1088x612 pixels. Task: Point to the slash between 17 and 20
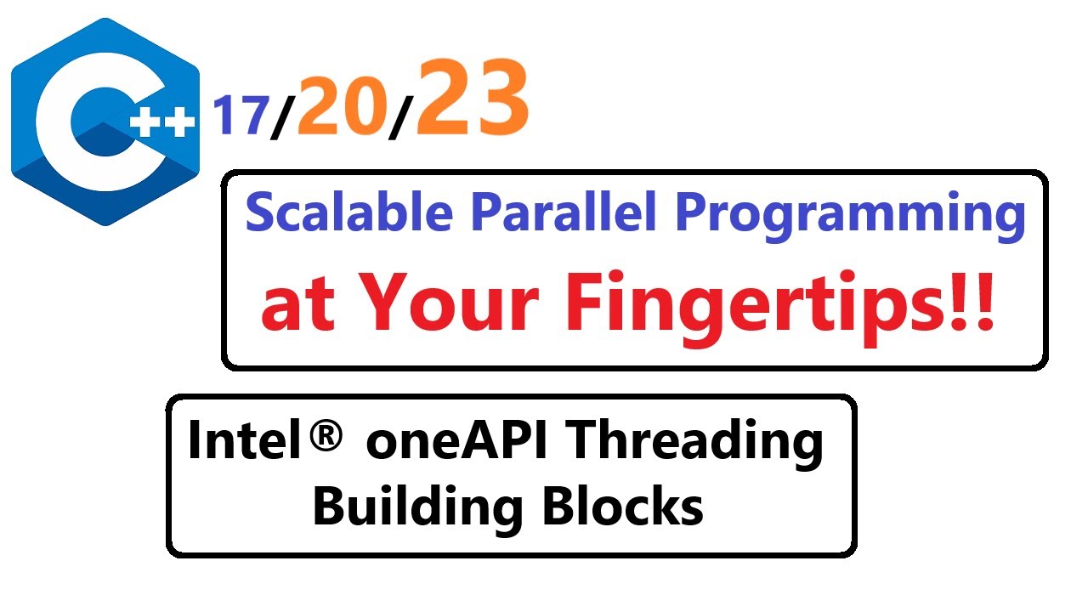tap(281, 119)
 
